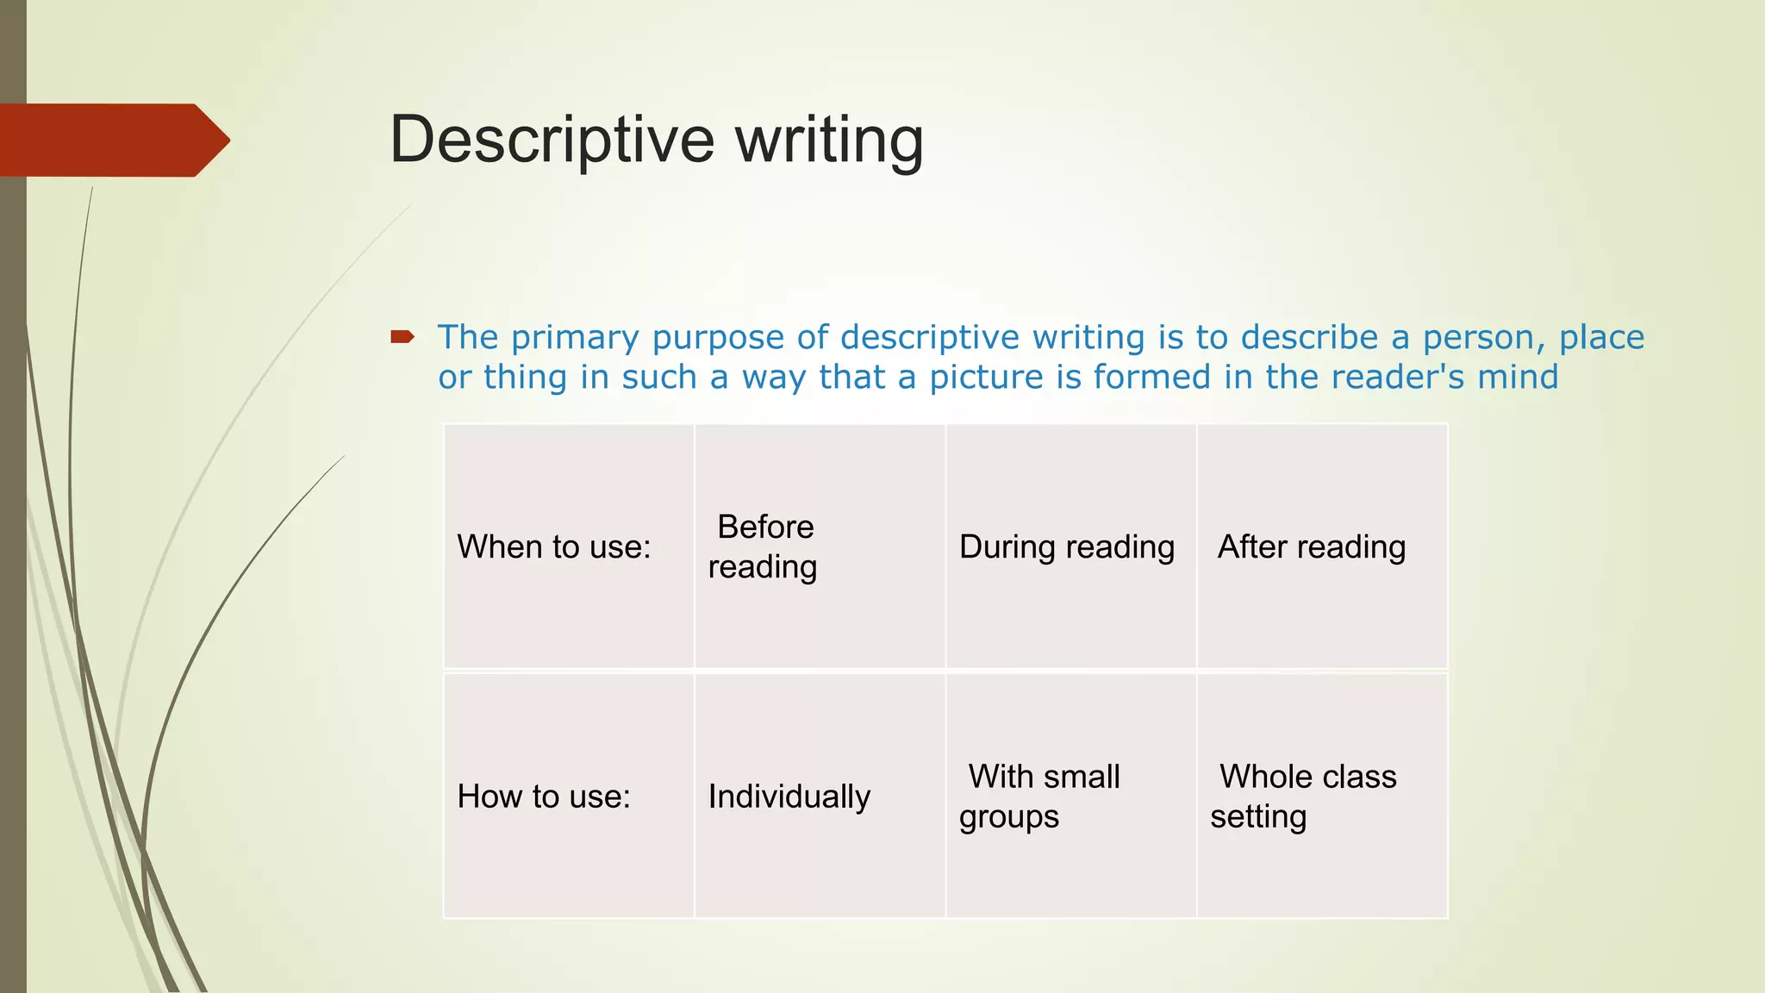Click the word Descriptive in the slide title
(552, 140)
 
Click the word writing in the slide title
(829, 140)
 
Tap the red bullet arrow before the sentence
(402, 336)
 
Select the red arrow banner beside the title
(112, 140)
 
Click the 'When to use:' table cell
(554, 546)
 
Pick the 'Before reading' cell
(763, 546)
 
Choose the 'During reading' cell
(1067, 546)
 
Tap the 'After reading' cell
(1312, 546)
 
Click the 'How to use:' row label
(544, 796)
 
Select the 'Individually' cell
(789, 796)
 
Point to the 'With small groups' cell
(1041, 796)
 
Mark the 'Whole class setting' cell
(1303, 796)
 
